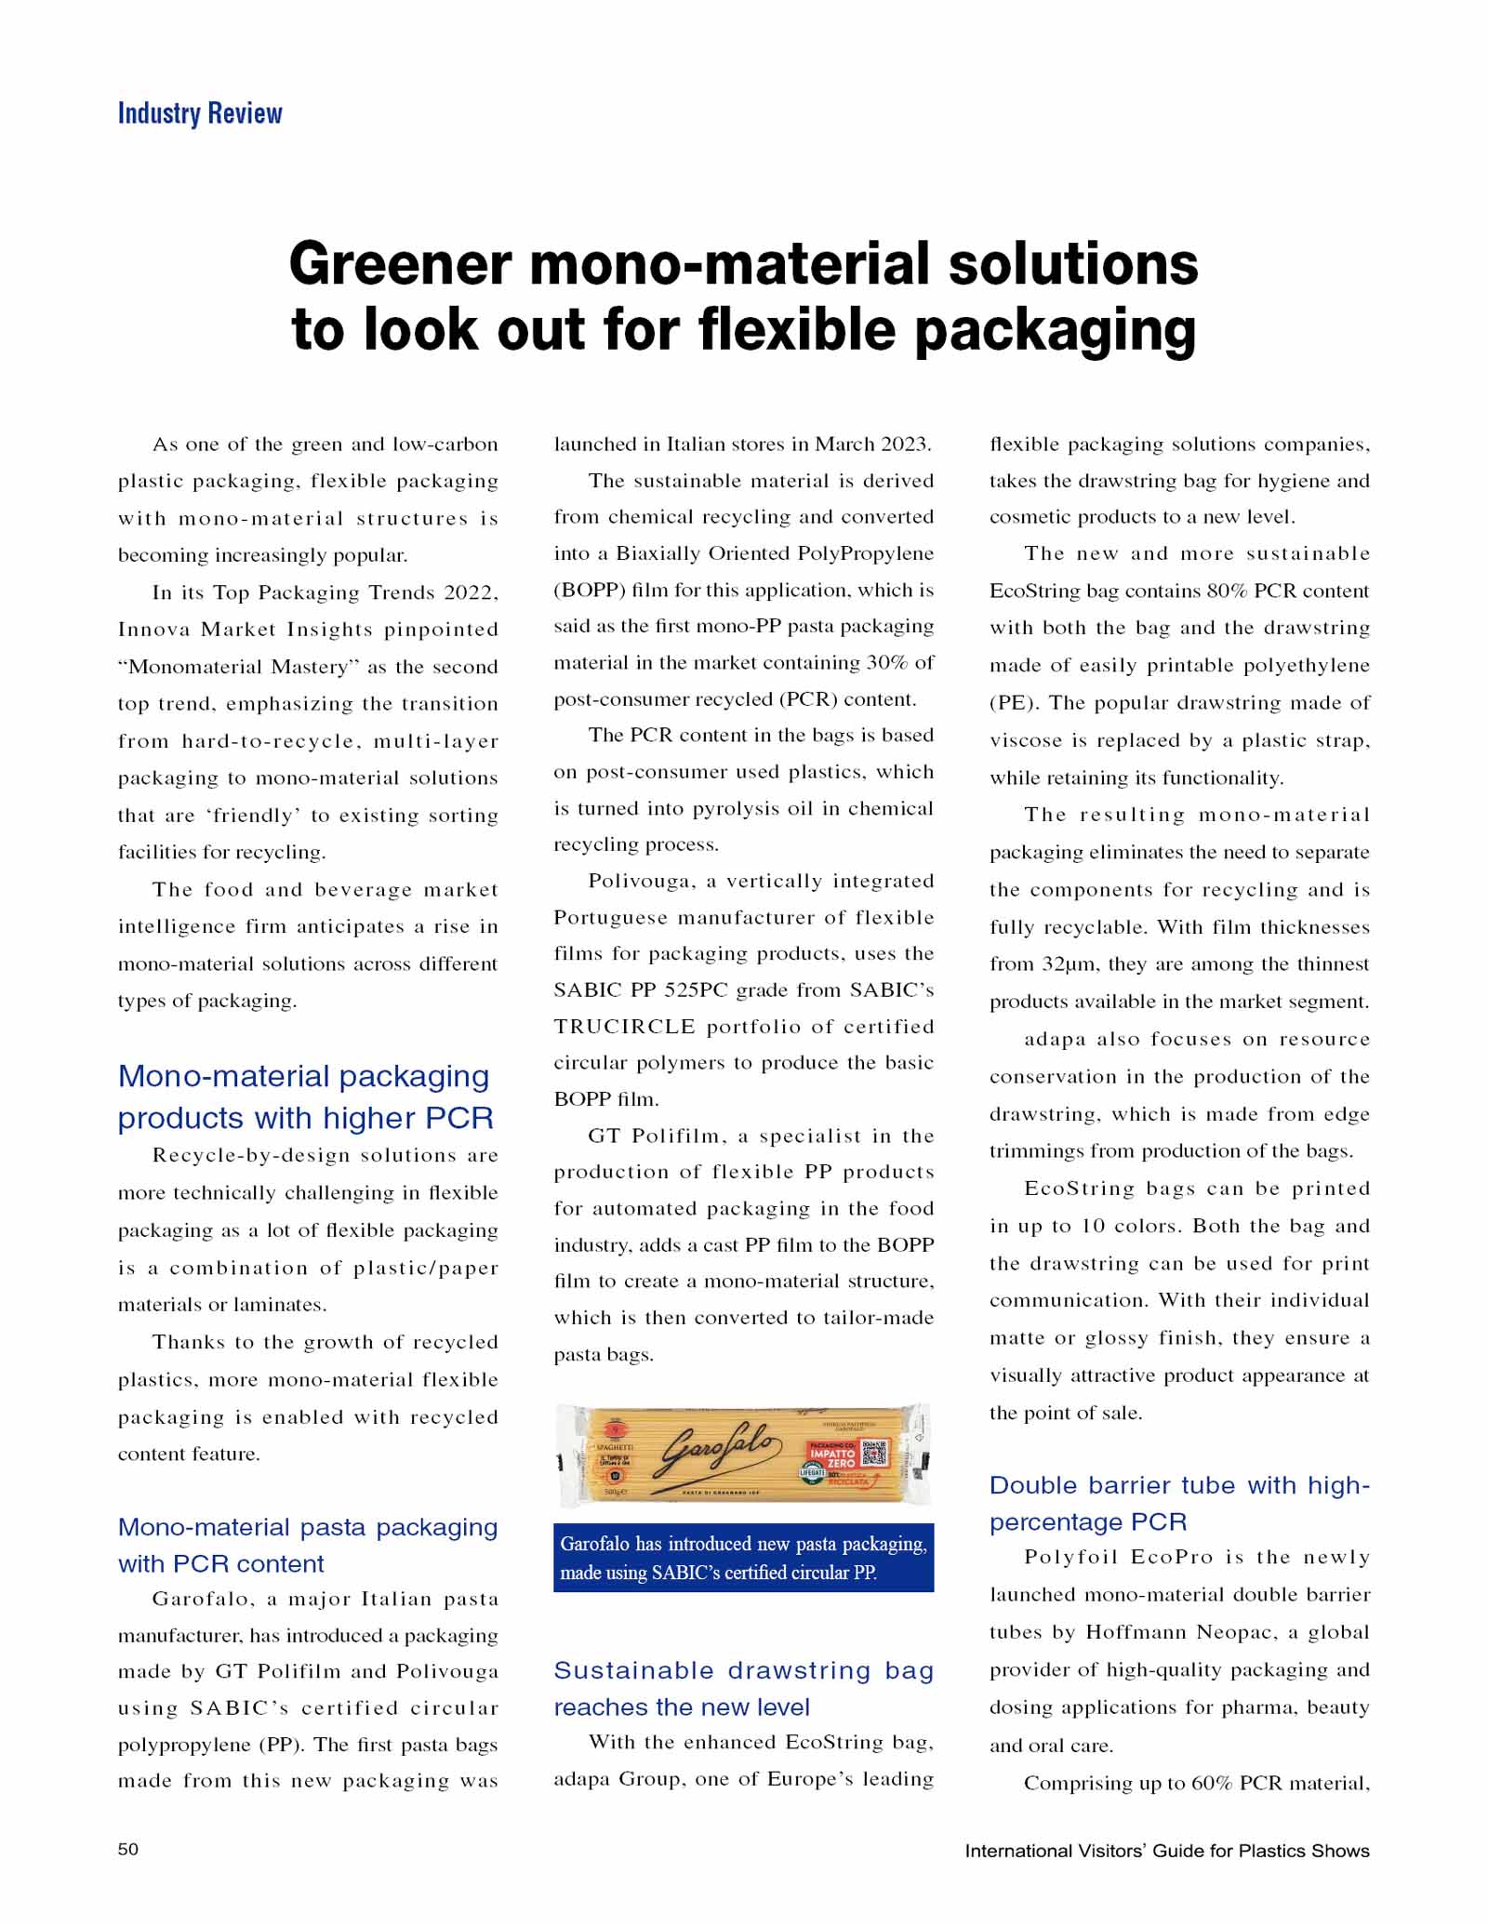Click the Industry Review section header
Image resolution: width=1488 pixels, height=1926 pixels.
tap(199, 113)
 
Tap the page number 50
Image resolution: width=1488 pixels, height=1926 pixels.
tap(128, 1849)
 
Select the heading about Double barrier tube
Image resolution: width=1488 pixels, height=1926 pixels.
tap(1179, 1503)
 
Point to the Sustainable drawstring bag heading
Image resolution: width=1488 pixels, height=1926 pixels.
tap(743, 1688)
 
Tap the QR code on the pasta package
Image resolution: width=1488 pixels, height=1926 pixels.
tap(875, 1453)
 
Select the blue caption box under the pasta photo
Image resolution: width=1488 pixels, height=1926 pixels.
tap(743, 1558)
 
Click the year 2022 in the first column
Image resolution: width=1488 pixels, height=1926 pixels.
tap(471, 592)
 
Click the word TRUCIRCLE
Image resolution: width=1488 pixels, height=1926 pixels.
tap(624, 1027)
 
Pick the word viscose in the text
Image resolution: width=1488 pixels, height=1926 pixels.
tap(1025, 741)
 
